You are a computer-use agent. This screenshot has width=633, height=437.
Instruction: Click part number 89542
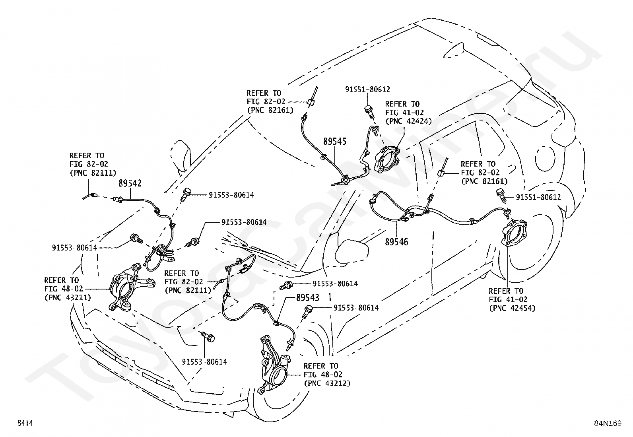[130, 183]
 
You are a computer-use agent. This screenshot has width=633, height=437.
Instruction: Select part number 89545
[334, 141]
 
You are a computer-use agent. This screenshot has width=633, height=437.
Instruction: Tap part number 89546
[396, 242]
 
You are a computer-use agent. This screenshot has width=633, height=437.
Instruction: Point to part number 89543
[308, 298]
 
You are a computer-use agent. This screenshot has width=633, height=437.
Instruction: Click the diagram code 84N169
[608, 423]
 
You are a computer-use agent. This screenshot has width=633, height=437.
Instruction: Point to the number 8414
[25, 423]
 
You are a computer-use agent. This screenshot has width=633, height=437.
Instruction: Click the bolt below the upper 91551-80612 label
[369, 112]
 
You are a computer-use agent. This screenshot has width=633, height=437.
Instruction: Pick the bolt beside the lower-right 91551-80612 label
[502, 196]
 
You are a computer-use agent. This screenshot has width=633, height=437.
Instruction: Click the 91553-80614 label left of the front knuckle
[74, 248]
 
